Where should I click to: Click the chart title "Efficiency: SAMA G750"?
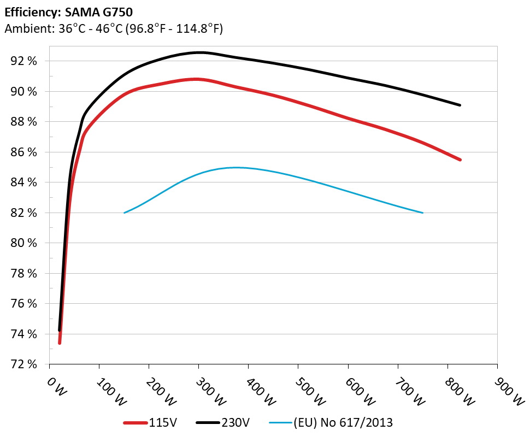click(68, 11)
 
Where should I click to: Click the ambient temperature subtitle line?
click(113, 29)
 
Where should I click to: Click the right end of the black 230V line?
click(460, 105)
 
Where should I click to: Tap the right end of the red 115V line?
click(460, 160)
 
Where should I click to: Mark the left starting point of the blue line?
click(125, 213)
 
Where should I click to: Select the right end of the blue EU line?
click(422, 213)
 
